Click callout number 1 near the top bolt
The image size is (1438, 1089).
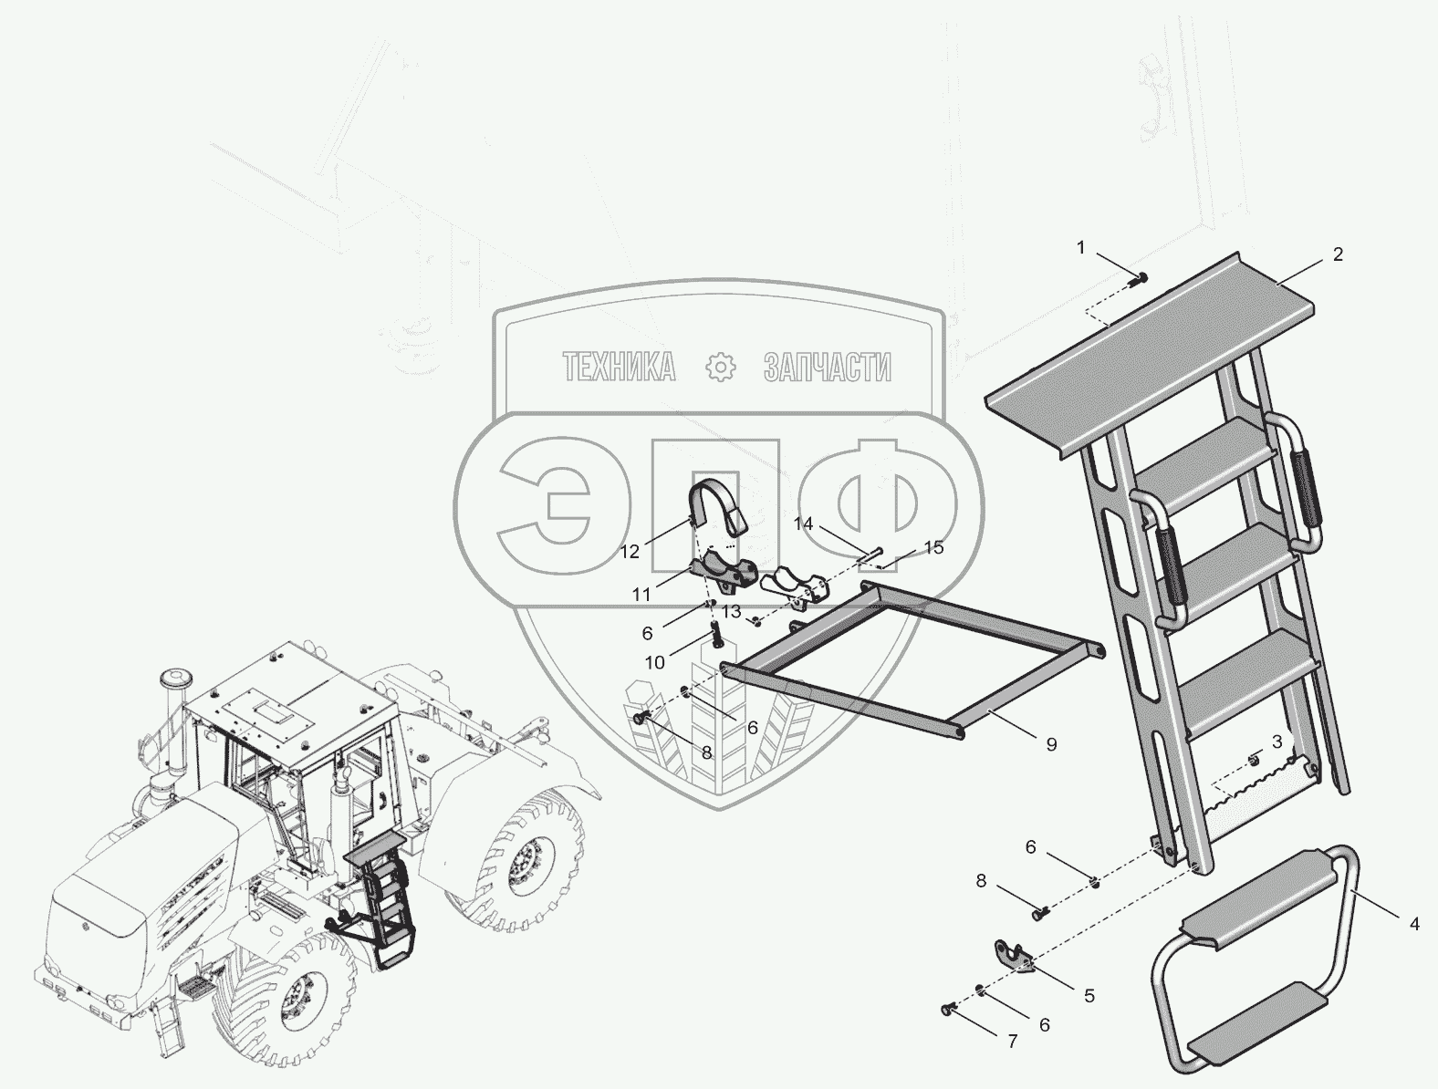[1081, 247]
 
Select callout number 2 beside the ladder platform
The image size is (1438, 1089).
[1338, 254]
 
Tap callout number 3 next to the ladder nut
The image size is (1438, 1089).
[1276, 742]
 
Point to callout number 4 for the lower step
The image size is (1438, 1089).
[1414, 924]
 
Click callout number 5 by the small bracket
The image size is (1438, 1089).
[1089, 996]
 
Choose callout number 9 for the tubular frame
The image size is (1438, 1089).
[1051, 744]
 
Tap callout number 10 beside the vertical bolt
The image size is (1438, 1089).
[654, 663]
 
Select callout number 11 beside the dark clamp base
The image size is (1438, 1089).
[641, 595]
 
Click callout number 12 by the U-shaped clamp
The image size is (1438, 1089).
[630, 552]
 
